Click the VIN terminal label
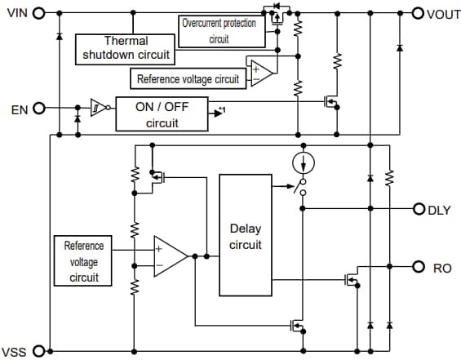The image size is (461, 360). pos(17,13)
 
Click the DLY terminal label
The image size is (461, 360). pos(439,210)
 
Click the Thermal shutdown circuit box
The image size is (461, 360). pos(125,48)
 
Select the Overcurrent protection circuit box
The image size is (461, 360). pos(219,31)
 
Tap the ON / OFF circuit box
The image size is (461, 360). pos(161,114)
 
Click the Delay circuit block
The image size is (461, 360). pos(245,234)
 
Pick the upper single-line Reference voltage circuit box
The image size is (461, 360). pos(188,79)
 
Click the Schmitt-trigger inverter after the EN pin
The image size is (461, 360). pos(97,108)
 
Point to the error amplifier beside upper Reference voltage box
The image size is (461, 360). pos(261,72)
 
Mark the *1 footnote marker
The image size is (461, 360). pos(221,109)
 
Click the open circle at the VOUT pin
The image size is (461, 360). pos(417,13)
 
